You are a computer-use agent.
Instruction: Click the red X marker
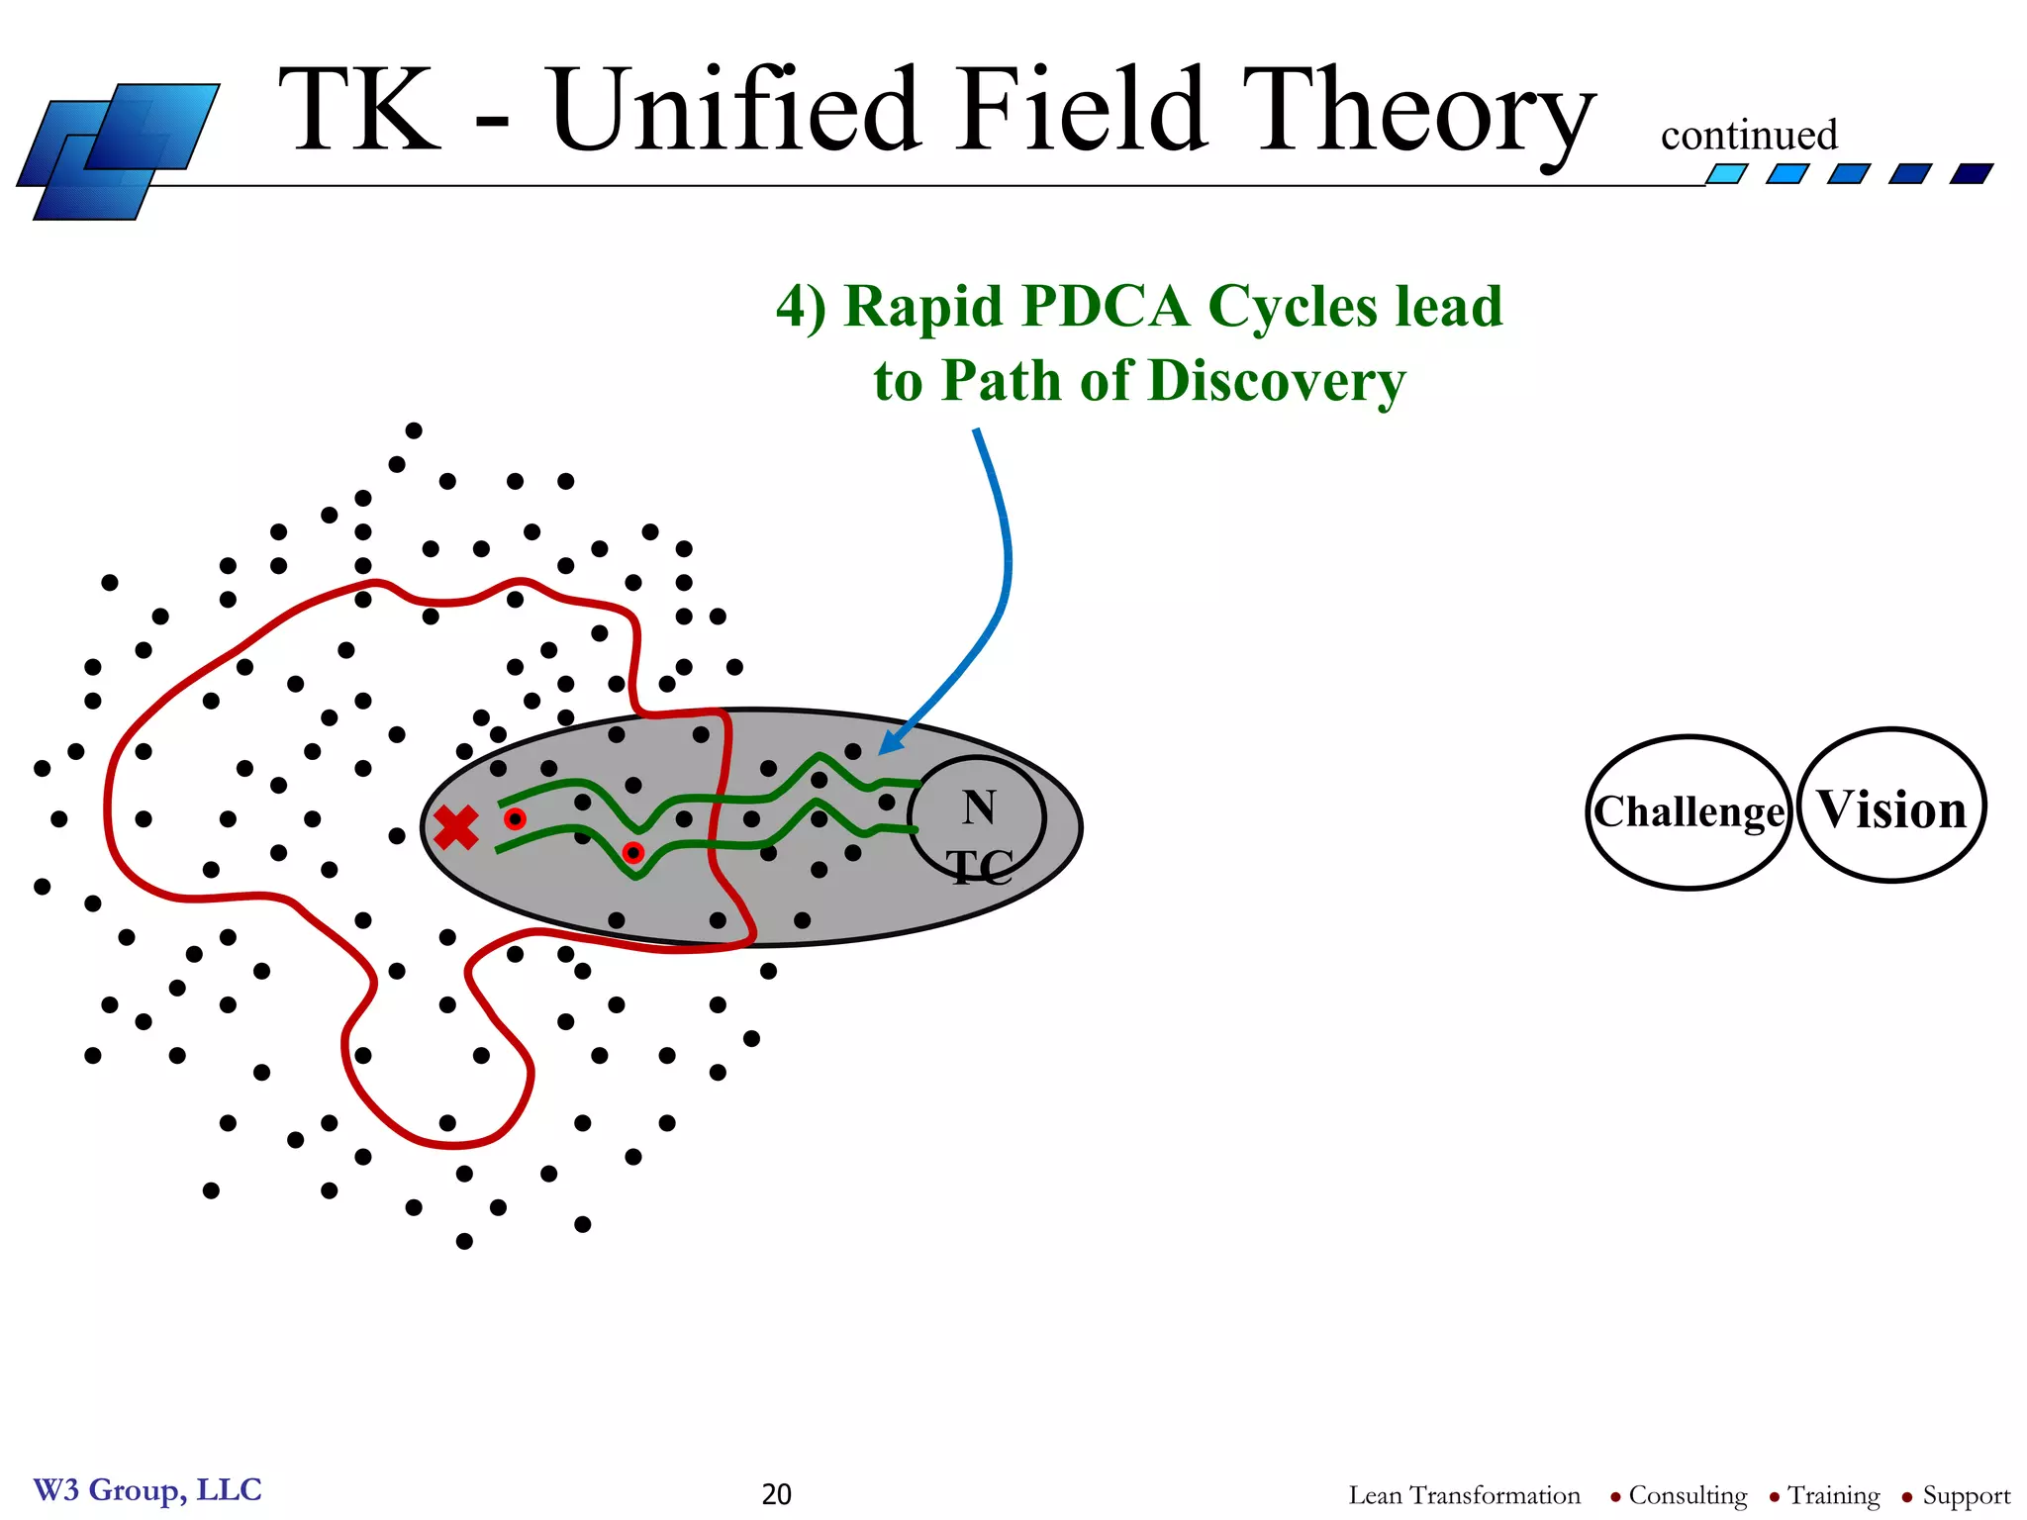coord(456,827)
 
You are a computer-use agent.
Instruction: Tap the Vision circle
coord(1891,807)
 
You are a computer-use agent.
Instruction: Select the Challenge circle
coord(1689,812)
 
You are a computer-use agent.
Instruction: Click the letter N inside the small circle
coord(979,807)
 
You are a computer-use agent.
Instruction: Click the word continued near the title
coord(1748,136)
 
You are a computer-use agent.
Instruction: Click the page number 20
coord(776,1493)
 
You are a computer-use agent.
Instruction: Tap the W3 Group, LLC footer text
coord(147,1489)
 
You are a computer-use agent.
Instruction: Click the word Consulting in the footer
coord(1688,1494)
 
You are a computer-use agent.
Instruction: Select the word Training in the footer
coord(1833,1494)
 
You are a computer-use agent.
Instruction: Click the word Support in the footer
coord(1966,1494)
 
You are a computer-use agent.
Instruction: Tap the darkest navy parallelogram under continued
coord(1971,174)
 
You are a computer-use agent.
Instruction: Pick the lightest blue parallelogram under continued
coord(1727,174)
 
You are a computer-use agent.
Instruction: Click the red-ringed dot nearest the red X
coord(515,819)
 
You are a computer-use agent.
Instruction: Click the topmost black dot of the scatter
coord(414,430)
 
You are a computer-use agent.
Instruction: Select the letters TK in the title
coord(361,111)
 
